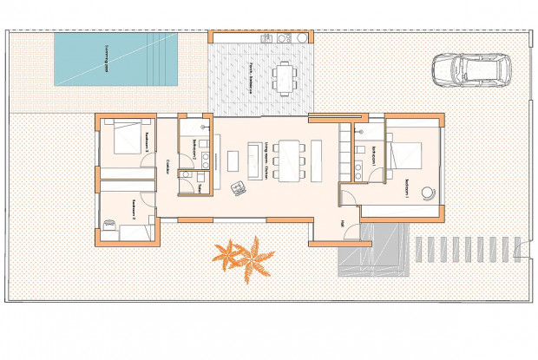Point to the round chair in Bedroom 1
click(x=426, y=193)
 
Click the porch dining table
click(x=284, y=77)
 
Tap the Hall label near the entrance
click(x=343, y=225)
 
